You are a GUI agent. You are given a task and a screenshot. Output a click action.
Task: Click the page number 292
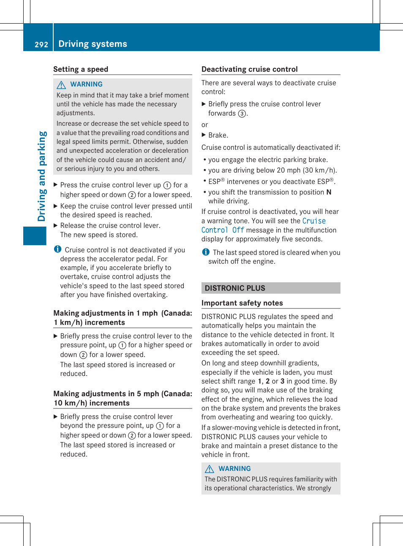pos(41,44)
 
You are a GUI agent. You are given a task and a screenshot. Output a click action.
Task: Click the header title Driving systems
pos(93,44)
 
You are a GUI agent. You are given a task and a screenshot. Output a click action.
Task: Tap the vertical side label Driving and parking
pos(41,176)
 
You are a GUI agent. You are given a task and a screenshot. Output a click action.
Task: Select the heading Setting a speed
pos(81,69)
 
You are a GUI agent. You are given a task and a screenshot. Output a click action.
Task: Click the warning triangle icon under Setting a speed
pos(61,85)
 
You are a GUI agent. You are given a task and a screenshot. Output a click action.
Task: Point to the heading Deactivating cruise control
pos(249,69)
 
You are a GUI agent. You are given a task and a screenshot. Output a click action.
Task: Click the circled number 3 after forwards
pos(242,114)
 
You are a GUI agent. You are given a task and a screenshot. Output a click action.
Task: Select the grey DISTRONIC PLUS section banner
pos(270,288)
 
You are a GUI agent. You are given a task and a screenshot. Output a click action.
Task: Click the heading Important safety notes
pos(242,303)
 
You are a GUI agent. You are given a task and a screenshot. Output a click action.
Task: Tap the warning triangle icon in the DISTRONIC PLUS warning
pos(210,469)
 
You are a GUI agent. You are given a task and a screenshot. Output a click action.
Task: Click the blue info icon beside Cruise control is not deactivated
pos(58,249)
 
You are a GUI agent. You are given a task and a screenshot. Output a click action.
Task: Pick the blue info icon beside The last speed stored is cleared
pos(206,252)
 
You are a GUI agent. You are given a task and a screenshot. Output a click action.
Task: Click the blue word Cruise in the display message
pos(314,221)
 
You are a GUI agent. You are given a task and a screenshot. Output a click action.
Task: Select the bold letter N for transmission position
pos(329,192)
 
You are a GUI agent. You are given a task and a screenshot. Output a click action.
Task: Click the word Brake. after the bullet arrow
pos(218,135)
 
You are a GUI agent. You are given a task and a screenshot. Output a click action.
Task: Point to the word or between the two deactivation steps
pos(205,125)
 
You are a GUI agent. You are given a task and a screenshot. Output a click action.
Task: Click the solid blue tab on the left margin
pos(35,235)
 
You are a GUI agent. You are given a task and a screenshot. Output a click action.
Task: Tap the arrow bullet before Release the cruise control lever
pos(56,225)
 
